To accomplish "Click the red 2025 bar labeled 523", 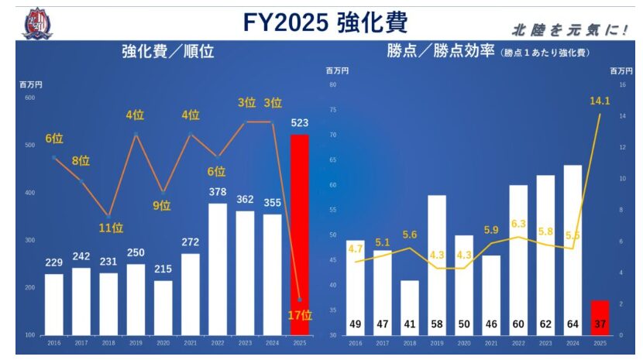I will [299, 232].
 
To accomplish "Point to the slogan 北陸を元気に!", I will [569, 30].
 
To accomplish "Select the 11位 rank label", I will [111, 228].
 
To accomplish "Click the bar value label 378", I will [218, 192].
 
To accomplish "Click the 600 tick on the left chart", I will [29, 98].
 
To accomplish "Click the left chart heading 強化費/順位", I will [167, 53].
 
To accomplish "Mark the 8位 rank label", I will [81, 162].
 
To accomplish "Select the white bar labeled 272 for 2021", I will [191, 294].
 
